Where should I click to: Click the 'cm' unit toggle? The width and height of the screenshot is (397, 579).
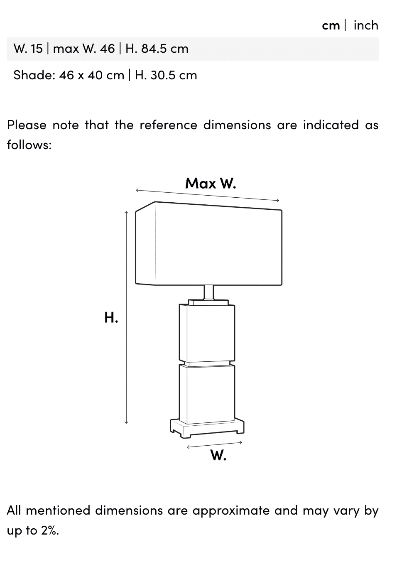pyautogui.click(x=331, y=25)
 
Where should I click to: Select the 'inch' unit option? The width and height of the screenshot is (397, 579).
pyautogui.click(x=365, y=25)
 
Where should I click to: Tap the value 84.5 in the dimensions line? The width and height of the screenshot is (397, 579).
pyautogui.click(x=154, y=49)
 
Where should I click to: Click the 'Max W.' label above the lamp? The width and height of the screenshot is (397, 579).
pyautogui.click(x=211, y=183)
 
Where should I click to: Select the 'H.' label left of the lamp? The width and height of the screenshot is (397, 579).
pyautogui.click(x=111, y=317)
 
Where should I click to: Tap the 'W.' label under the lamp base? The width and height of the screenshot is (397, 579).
pyautogui.click(x=218, y=455)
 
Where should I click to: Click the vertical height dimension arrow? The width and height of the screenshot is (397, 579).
pyautogui.click(x=126, y=317)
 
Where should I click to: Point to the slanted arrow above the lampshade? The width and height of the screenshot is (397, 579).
pyautogui.click(x=208, y=195)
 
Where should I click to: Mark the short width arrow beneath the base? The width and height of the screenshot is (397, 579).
pyautogui.click(x=214, y=445)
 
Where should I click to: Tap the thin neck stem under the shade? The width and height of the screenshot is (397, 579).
pyautogui.click(x=209, y=292)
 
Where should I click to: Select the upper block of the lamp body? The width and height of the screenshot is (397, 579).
pyautogui.click(x=207, y=332)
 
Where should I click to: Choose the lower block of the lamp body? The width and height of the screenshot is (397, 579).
pyautogui.click(x=207, y=393)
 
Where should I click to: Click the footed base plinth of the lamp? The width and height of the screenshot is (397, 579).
pyautogui.click(x=207, y=428)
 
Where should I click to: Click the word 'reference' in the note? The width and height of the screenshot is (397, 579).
pyautogui.click(x=168, y=125)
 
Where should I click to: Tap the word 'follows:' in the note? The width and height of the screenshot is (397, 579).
pyautogui.click(x=29, y=145)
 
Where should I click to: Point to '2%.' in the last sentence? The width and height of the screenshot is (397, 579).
pyautogui.click(x=50, y=530)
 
